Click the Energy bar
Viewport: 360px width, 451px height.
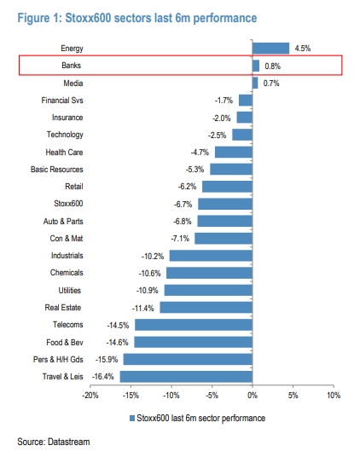270,49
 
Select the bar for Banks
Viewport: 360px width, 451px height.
256,66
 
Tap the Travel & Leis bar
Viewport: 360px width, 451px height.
186,377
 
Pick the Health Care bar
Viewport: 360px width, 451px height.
234,152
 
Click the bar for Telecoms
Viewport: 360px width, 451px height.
194,325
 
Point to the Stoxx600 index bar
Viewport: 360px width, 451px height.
225,204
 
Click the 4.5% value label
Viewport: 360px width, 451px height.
303,49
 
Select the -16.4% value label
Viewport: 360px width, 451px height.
103,377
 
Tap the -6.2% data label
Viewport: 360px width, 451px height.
187,187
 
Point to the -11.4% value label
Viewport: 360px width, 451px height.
143,309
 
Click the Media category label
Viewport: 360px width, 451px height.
73,84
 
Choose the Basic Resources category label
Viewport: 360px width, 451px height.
57,170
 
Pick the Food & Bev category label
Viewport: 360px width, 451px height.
65,342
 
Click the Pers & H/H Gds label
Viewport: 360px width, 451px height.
58,360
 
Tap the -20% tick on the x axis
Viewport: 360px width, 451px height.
90,396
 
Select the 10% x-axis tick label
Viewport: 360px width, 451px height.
334,396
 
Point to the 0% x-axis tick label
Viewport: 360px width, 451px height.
253,396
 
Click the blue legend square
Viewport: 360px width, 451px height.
132,419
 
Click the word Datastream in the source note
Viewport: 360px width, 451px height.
69,442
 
